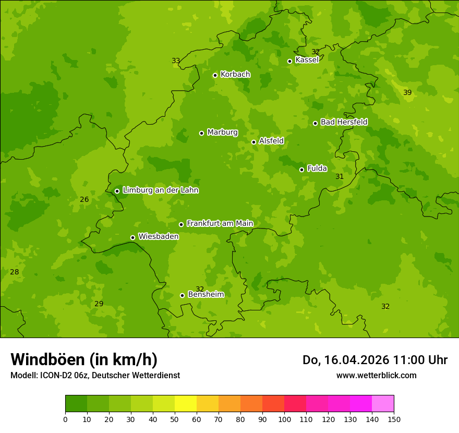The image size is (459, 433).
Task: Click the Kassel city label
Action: coord(307,60)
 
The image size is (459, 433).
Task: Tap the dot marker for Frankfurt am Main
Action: coord(181,224)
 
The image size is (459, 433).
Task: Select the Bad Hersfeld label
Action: coord(344,122)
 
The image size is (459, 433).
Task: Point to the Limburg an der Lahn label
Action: coord(160,190)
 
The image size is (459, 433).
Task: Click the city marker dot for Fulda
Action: coord(301,170)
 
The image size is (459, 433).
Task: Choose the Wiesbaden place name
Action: coord(158,236)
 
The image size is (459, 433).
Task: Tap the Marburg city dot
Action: coord(201,133)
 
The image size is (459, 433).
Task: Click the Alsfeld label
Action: coord(271,141)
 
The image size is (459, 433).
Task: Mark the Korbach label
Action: coord(235,75)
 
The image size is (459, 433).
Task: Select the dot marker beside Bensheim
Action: coord(182,295)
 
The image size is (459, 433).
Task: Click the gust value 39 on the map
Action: coord(407,92)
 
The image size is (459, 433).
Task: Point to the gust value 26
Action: coord(84,199)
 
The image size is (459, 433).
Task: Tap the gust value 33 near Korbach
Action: coord(176,61)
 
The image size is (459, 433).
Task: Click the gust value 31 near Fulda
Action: coord(340,176)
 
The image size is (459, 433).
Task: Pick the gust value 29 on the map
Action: coord(99,304)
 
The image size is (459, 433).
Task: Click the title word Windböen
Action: coord(47,359)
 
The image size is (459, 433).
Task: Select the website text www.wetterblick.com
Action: coord(376,375)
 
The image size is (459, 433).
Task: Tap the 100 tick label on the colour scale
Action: coord(284,419)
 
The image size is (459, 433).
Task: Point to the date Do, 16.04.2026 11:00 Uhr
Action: coord(375,360)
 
